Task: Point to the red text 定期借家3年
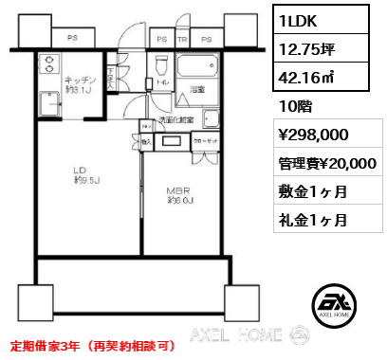point(44,344)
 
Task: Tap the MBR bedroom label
point(180,193)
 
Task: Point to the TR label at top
point(181,39)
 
